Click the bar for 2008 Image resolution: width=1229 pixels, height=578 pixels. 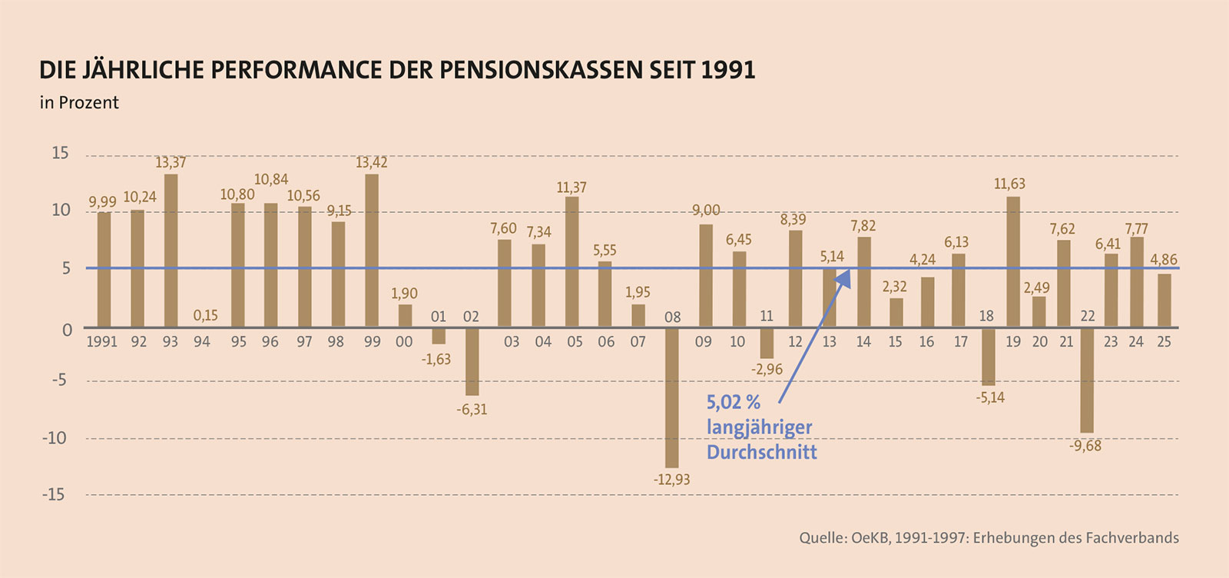[x=672, y=397]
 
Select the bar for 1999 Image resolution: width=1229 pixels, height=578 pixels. [x=371, y=251]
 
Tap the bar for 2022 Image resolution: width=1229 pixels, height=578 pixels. [x=1086, y=380]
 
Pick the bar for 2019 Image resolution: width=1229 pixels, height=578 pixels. [x=1013, y=262]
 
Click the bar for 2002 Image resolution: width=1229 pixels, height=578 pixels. [x=472, y=362]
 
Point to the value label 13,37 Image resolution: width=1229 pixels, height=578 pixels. [x=171, y=163]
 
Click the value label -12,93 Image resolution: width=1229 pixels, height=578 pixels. [x=671, y=480]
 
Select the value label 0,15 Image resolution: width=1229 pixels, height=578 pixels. [x=205, y=315]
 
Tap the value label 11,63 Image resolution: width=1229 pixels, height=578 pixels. [x=1009, y=184]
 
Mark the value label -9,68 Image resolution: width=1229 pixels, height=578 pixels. [x=1085, y=446]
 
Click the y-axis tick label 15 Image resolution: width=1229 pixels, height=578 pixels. [x=60, y=153]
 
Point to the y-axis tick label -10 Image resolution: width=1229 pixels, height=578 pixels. [x=54, y=438]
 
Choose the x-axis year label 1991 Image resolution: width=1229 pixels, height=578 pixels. [x=102, y=342]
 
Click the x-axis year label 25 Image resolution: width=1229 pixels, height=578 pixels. [x=1164, y=342]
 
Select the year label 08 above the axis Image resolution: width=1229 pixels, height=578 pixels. [x=672, y=317]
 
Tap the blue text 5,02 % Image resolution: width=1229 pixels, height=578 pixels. [x=733, y=402]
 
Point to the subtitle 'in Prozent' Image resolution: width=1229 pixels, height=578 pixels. [x=79, y=103]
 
